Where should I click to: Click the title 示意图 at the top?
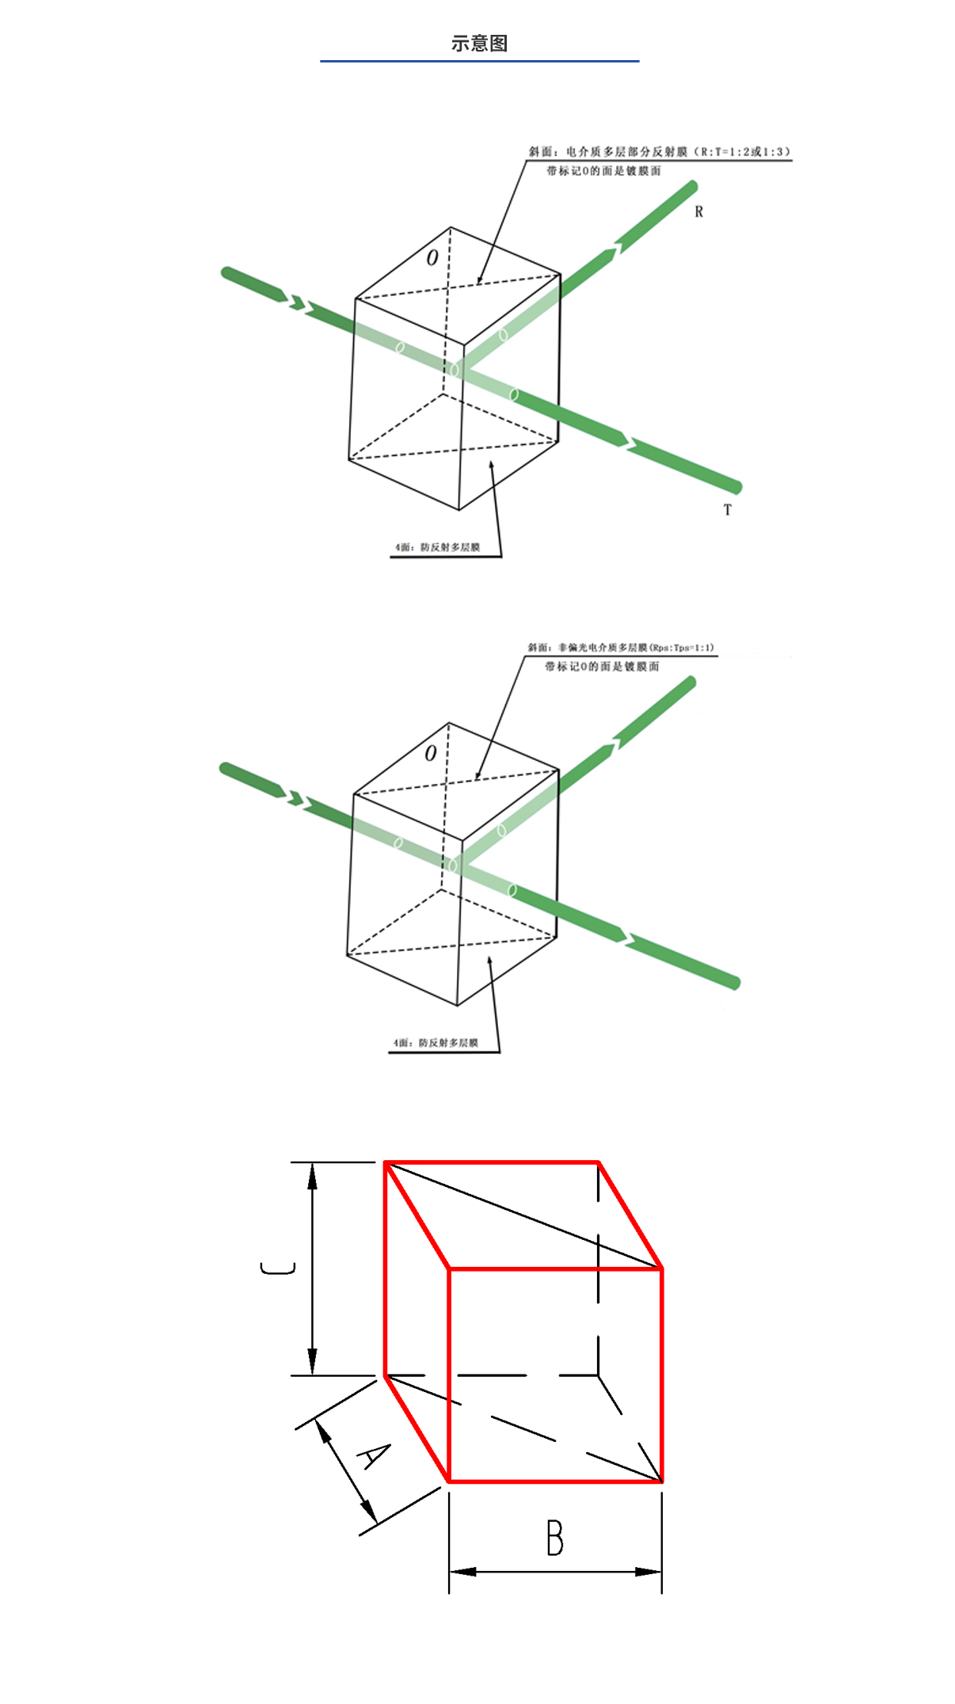[x=479, y=44]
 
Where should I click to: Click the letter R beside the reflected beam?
[x=698, y=211]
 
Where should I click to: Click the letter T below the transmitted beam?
[x=727, y=510]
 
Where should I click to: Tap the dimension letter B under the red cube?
[x=554, y=1538]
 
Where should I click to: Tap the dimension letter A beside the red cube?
[x=373, y=1455]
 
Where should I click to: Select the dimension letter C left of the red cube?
[x=278, y=1268]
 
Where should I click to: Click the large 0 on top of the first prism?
[x=432, y=257]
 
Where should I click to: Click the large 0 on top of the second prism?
[x=430, y=753]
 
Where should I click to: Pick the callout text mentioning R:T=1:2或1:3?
[x=659, y=151]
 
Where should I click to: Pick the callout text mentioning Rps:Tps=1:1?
[x=621, y=647]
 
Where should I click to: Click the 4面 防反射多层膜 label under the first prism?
[x=438, y=547]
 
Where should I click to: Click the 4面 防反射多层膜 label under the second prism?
[x=436, y=1043]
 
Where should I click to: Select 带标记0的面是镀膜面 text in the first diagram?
[x=603, y=171]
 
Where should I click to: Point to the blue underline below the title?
[x=479, y=61]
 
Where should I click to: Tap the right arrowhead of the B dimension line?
[x=649, y=1571]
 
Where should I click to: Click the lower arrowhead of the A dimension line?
[x=369, y=1511]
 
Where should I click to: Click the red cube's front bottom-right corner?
[x=661, y=1481]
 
